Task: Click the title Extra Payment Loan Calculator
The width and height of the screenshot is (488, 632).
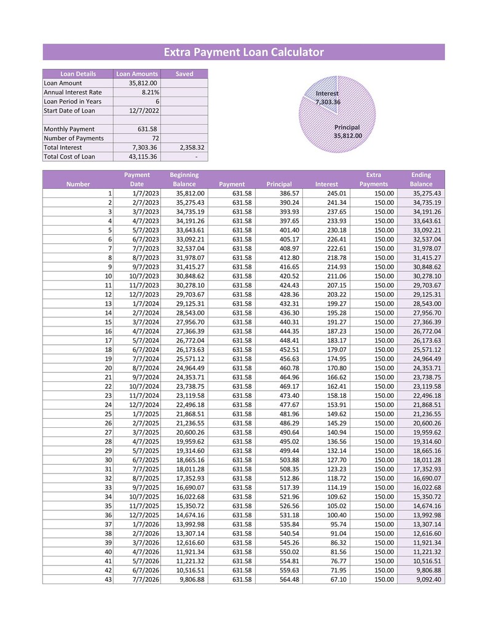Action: [x=243, y=52]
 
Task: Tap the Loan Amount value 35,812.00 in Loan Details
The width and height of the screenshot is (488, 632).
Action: [x=143, y=83]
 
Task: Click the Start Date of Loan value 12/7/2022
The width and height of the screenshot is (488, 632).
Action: [x=143, y=111]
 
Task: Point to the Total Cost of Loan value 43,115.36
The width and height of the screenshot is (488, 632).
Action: [x=143, y=157]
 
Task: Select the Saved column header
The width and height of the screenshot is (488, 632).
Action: [x=184, y=74]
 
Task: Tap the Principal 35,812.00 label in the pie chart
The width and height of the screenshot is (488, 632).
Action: [x=347, y=132]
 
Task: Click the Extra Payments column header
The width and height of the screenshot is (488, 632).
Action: [x=374, y=180]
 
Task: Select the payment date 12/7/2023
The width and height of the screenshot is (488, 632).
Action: [x=145, y=295]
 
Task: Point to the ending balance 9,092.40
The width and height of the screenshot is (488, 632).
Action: [x=428, y=579]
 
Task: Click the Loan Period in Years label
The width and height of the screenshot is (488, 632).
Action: [x=73, y=101]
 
